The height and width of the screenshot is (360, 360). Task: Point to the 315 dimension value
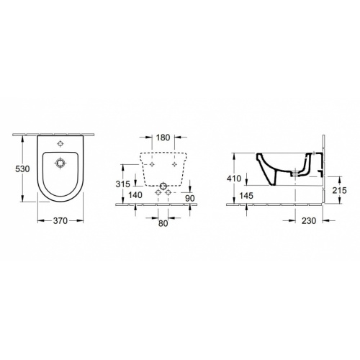[x=126, y=183]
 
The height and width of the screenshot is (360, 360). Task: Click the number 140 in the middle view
[x=126, y=196]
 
